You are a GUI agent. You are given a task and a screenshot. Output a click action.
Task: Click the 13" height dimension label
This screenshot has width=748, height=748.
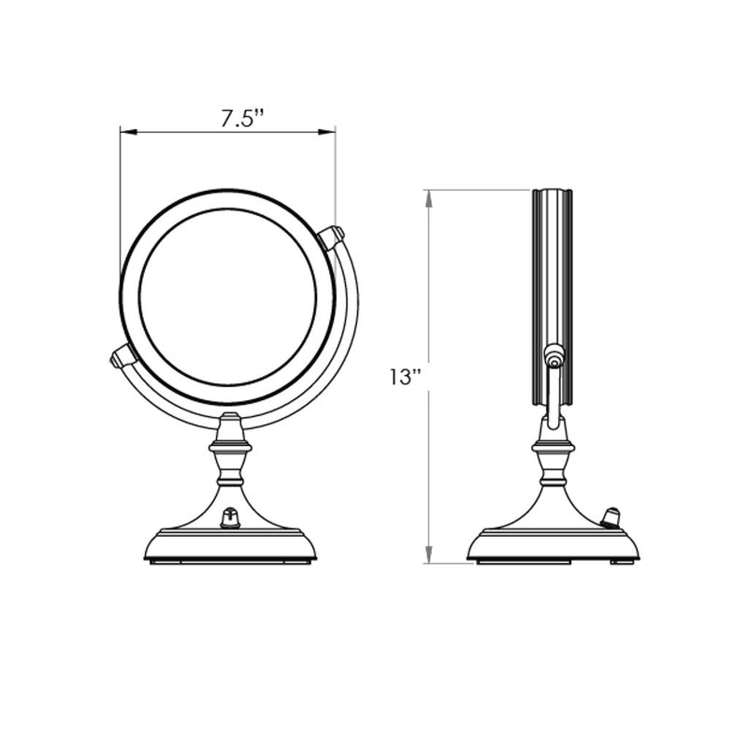(x=405, y=377)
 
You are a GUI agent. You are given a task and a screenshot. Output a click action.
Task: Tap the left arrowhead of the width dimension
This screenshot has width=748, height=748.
(x=125, y=132)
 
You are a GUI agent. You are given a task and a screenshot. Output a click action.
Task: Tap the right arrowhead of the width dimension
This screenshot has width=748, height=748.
(x=330, y=132)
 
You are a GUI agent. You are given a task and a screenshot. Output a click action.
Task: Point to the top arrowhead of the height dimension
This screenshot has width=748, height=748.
(x=429, y=195)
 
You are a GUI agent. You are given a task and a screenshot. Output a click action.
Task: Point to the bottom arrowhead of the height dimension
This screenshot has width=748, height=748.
(x=429, y=557)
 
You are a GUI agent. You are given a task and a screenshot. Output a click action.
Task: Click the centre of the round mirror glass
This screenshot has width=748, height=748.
(x=227, y=296)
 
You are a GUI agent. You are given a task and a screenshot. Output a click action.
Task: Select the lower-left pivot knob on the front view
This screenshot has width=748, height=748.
(x=122, y=355)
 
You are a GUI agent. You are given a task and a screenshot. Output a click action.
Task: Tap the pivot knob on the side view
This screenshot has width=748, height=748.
(x=554, y=356)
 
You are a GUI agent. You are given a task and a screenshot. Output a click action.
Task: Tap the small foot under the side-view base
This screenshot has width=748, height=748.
(x=618, y=563)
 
